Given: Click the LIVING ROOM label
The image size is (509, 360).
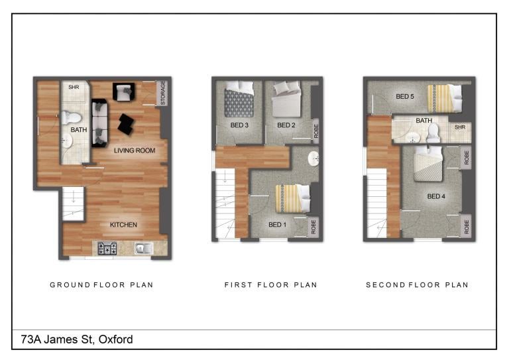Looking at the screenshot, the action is (x=135, y=150).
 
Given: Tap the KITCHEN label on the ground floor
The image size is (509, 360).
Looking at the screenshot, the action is (x=123, y=225).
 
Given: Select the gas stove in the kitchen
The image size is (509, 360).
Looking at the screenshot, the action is (x=107, y=249).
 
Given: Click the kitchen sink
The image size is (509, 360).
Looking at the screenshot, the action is (x=143, y=249).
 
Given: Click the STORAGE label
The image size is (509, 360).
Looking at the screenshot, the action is (x=163, y=93).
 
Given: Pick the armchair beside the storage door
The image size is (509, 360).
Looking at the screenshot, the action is (x=124, y=91).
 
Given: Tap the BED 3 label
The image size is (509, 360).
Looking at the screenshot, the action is (x=239, y=125).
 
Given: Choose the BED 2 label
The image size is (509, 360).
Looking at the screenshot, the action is (x=286, y=125).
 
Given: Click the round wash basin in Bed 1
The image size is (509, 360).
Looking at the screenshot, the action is (x=313, y=158).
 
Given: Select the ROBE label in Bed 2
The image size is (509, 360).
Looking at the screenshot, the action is (x=316, y=131).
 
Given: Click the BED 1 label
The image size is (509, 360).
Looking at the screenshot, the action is (x=278, y=225).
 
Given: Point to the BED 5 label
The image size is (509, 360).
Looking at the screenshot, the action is (x=405, y=96).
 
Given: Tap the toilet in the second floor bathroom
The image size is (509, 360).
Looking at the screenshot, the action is (x=433, y=133).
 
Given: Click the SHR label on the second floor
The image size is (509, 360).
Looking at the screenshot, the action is (x=460, y=127).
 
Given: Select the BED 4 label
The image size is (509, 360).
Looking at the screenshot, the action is (x=436, y=196).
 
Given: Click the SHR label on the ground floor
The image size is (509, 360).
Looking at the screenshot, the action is (x=74, y=88).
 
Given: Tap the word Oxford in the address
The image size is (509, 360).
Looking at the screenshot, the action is (x=115, y=339).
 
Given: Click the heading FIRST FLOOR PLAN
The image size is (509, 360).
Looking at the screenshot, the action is (x=270, y=285).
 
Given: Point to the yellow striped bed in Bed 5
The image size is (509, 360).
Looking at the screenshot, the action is (x=445, y=98).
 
